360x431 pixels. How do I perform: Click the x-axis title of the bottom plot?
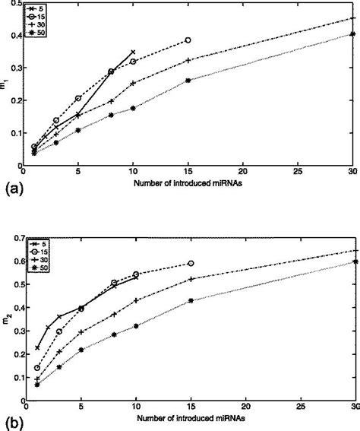pos(188,417)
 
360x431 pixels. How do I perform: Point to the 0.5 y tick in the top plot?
pos(16,3)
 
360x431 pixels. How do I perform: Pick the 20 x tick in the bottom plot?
pos(244,407)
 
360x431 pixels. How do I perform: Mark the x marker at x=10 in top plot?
pos(133,52)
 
